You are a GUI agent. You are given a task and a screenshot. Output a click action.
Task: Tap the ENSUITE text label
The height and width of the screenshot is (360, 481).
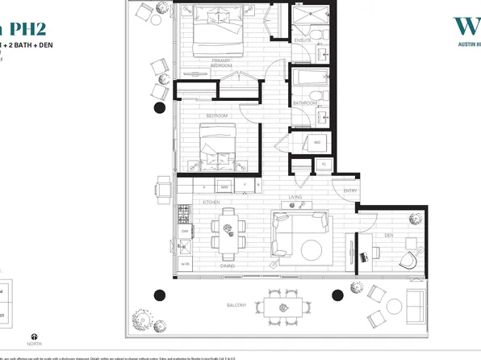point(303,40)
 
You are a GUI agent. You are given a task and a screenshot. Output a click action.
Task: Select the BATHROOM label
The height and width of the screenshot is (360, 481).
point(304,103)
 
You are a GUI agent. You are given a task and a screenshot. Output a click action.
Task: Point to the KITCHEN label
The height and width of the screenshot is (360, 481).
point(211,202)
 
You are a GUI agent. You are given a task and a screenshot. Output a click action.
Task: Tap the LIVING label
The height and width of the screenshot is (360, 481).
point(295,196)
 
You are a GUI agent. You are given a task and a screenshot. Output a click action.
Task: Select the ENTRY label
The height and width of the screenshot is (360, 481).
point(350,191)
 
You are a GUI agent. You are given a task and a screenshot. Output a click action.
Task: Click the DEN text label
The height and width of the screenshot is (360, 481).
point(388,236)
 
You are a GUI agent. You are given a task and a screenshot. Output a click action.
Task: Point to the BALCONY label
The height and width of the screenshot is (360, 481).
point(236,305)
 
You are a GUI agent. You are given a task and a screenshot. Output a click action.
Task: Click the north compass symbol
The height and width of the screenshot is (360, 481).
point(34,337)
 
